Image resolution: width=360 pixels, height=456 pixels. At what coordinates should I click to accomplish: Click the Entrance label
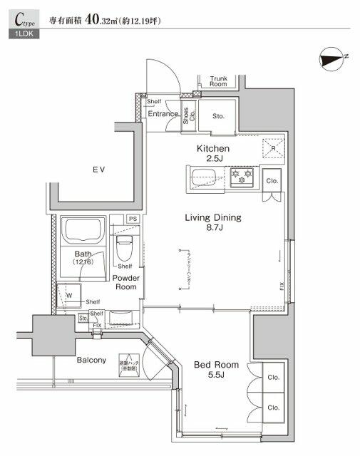coord(163,114)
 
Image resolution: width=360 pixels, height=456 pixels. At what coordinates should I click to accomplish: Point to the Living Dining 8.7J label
coord(213,223)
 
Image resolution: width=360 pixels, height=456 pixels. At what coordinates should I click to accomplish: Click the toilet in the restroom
coord(125,247)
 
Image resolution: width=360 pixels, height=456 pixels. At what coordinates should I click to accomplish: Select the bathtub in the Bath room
coord(84,231)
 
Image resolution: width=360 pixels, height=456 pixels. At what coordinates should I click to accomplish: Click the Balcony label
coord(92,360)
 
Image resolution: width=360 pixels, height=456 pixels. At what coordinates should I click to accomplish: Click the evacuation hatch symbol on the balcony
coord(128,364)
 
